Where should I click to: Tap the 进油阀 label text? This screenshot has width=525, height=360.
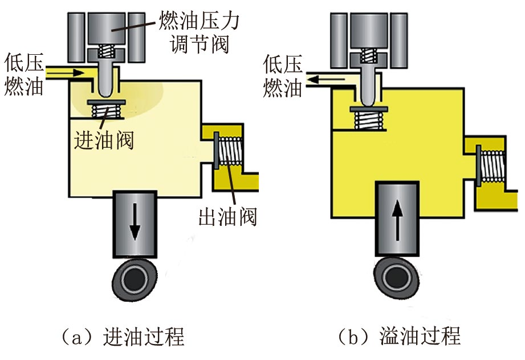point(104,139)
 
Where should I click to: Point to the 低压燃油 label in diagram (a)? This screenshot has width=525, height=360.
point(23,74)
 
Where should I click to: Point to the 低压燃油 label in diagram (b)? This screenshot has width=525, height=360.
point(283,74)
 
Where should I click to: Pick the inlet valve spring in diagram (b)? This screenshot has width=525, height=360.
point(366,119)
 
